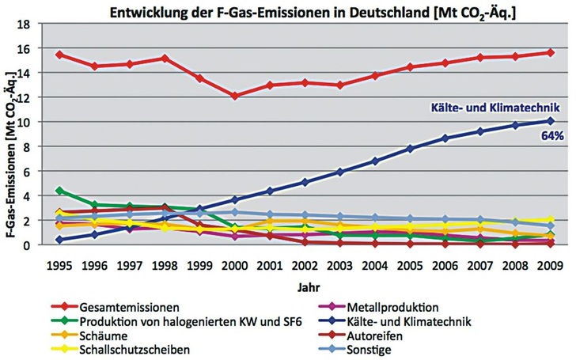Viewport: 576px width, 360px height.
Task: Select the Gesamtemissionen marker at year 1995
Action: pos(60,55)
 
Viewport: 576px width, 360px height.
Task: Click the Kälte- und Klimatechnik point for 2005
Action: pos(409,148)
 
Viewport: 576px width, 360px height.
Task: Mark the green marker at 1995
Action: pos(60,191)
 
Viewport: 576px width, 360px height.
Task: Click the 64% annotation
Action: pos(551,136)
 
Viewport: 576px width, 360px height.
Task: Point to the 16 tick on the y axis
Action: pos(35,48)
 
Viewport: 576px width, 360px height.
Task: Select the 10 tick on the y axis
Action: pos(35,122)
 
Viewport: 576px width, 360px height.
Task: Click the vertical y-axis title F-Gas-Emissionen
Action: pos(11,146)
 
